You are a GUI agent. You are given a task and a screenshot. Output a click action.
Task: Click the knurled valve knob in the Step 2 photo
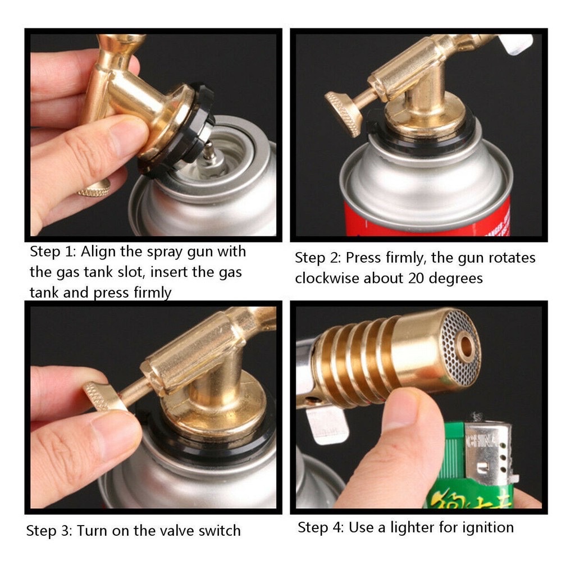343,113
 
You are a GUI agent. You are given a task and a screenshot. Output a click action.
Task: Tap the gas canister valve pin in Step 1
210,151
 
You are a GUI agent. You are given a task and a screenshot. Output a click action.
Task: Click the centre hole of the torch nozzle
467,346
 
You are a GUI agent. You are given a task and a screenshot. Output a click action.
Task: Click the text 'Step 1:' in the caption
53,252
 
